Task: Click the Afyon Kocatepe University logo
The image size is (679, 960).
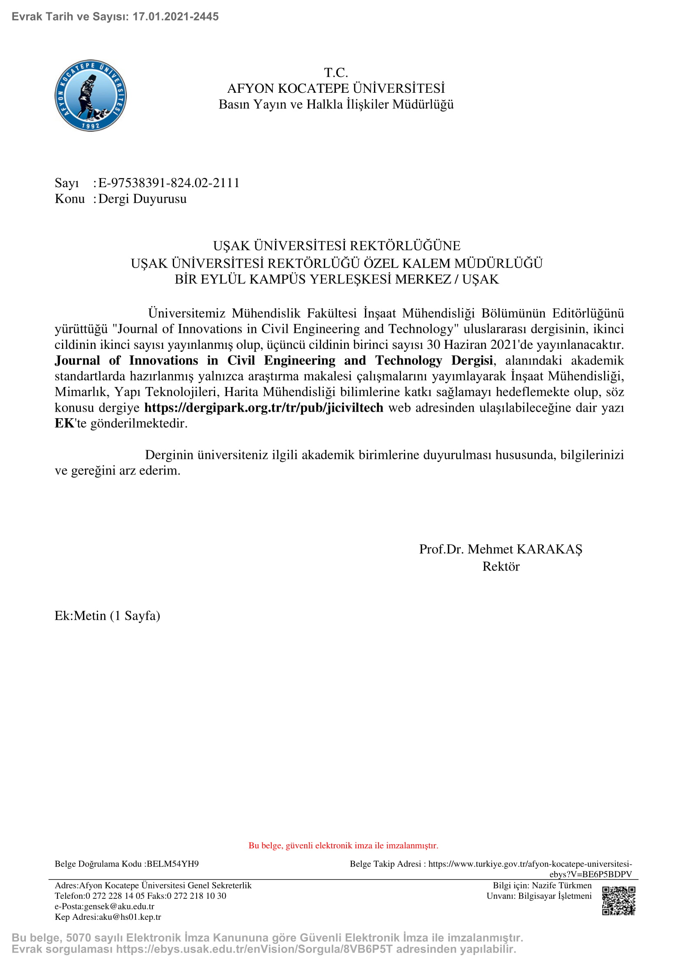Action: [x=91, y=96]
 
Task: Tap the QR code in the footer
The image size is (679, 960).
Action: [x=618, y=900]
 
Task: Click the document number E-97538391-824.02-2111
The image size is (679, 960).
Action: [x=169, y=183]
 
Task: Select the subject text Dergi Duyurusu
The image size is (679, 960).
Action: [x=142, y=199]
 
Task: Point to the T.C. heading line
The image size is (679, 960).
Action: [x=336, y=73]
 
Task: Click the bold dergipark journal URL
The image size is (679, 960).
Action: [x=264, y=407]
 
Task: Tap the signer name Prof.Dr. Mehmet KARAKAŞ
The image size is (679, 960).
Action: [x=500, y=549]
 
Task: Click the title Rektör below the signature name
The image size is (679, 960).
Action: [x=500, y=566]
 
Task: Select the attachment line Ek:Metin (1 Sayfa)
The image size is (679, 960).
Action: [x=108, y=616]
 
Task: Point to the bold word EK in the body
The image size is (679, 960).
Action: [x=64, y=423]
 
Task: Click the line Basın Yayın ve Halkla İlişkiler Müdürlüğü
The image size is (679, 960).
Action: [x=336, y=104]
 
